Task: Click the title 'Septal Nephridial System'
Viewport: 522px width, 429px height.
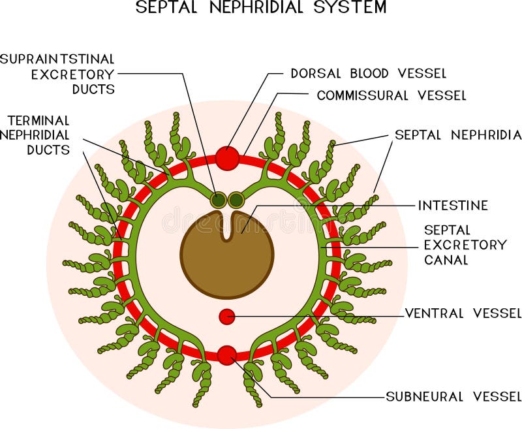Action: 261,8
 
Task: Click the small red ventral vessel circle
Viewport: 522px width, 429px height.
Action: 226,316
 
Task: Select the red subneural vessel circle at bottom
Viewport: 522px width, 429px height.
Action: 226,355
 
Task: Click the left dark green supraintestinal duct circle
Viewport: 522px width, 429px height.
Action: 219,199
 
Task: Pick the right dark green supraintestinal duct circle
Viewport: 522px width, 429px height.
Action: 236,199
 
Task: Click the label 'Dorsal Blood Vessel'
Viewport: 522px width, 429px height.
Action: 368,74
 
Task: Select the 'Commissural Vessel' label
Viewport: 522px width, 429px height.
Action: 391,95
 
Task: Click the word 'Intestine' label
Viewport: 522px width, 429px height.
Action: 453,206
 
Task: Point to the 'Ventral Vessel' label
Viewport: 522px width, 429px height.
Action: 463,313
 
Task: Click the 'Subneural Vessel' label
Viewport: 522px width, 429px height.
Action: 453,396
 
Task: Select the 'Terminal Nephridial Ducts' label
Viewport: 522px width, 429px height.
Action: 38,135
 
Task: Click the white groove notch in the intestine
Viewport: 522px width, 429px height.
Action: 227,225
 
